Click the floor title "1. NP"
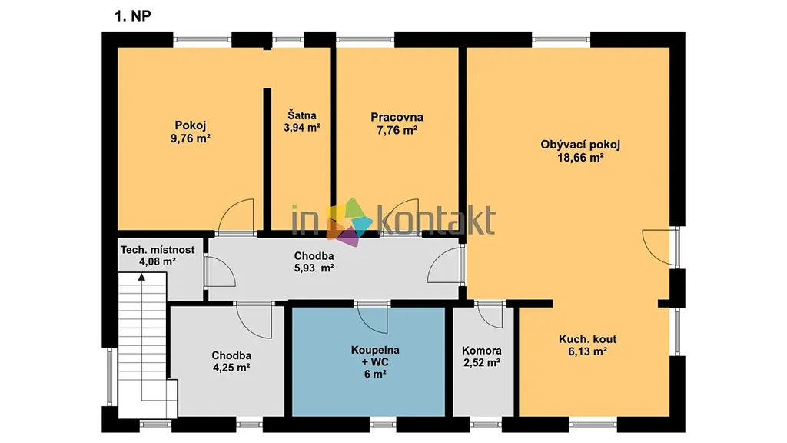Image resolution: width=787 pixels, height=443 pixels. pos(132,16)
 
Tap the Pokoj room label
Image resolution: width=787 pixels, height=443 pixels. pos(191,125)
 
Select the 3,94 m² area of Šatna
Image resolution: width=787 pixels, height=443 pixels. pos(301,128)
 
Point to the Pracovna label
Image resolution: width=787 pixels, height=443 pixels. pos(397,117)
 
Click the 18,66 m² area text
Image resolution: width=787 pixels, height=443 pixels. pos(580,158)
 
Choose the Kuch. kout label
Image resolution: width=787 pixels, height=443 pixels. pos(588,339)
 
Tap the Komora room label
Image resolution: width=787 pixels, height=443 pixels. pos(482,351)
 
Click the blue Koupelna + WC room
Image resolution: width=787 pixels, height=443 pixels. pos(368,361)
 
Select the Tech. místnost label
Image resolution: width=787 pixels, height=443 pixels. pos(157,250)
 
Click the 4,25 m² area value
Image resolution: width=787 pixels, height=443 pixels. pos(231,368)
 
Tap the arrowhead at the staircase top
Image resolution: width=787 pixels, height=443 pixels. pos(142,277)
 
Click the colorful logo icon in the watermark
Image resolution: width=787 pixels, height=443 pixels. pos(350,221)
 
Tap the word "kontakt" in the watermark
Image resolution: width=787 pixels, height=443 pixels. pos(435,220)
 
